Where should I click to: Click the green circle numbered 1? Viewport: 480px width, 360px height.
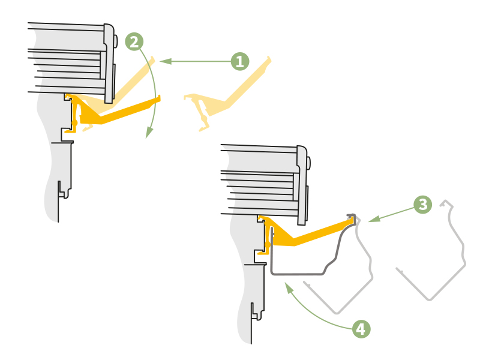point(239,61)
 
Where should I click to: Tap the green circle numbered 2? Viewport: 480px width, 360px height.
point(134,41)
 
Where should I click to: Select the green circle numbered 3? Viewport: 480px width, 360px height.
point(422,205)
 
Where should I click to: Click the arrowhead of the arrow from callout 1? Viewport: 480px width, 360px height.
point(163,61)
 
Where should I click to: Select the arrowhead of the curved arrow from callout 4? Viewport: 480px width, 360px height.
point(288,287)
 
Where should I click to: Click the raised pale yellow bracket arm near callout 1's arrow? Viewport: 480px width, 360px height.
point(135,79)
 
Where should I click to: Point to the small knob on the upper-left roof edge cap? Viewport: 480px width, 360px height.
point(115,41)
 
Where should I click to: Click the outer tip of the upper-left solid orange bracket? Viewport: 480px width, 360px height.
point(159,98)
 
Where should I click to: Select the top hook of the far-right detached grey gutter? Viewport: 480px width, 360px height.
point(444,202)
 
